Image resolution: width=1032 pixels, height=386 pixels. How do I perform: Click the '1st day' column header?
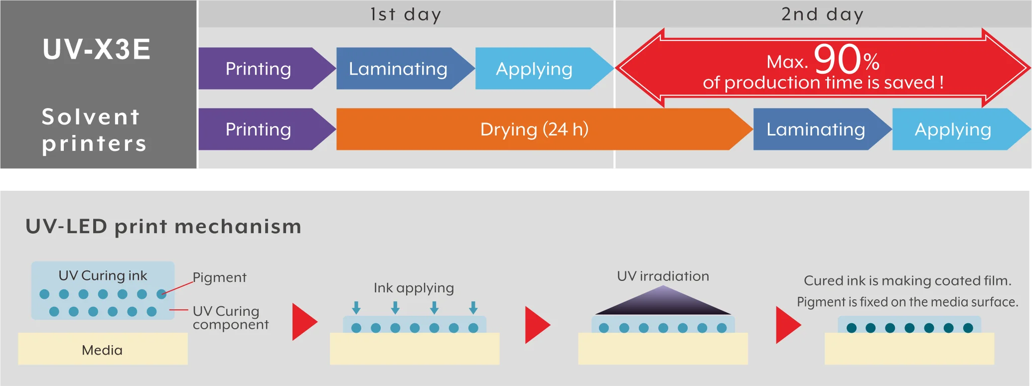(x=406, y=14)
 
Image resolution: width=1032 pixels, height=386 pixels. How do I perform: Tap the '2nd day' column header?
(x=822, y=14)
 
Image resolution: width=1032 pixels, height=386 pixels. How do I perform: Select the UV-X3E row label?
(x=97, y=49)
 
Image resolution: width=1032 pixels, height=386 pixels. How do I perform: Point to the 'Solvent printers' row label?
(x=94, y=130)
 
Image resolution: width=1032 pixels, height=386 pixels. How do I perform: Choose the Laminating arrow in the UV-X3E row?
(x=398, y=69)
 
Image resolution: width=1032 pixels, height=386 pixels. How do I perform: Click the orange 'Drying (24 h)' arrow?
(x=534, y=129)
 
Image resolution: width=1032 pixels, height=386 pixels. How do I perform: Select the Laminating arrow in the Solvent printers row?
(x=816, y=129)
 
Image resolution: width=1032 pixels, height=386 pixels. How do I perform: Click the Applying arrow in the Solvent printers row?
(x=953, y=129)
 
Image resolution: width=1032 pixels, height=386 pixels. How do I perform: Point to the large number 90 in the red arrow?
(x=837, y=59)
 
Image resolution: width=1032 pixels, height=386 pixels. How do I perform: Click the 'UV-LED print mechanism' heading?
(x=163, y=227)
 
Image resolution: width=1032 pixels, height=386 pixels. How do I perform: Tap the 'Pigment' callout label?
(x=219, y=277)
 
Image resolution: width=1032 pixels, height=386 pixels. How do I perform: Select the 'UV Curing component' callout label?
(x=230, y=318)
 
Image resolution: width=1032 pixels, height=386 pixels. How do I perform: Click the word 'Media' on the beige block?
(x=102, y=350)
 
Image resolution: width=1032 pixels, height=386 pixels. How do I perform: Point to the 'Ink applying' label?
(x=414, y=288)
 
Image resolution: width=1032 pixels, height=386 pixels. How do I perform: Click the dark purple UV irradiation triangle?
(x=663, y=302)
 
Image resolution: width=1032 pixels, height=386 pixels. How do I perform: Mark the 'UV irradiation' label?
(x=663, y=276)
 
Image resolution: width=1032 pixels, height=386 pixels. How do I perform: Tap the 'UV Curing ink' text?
(x=103, y=275)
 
